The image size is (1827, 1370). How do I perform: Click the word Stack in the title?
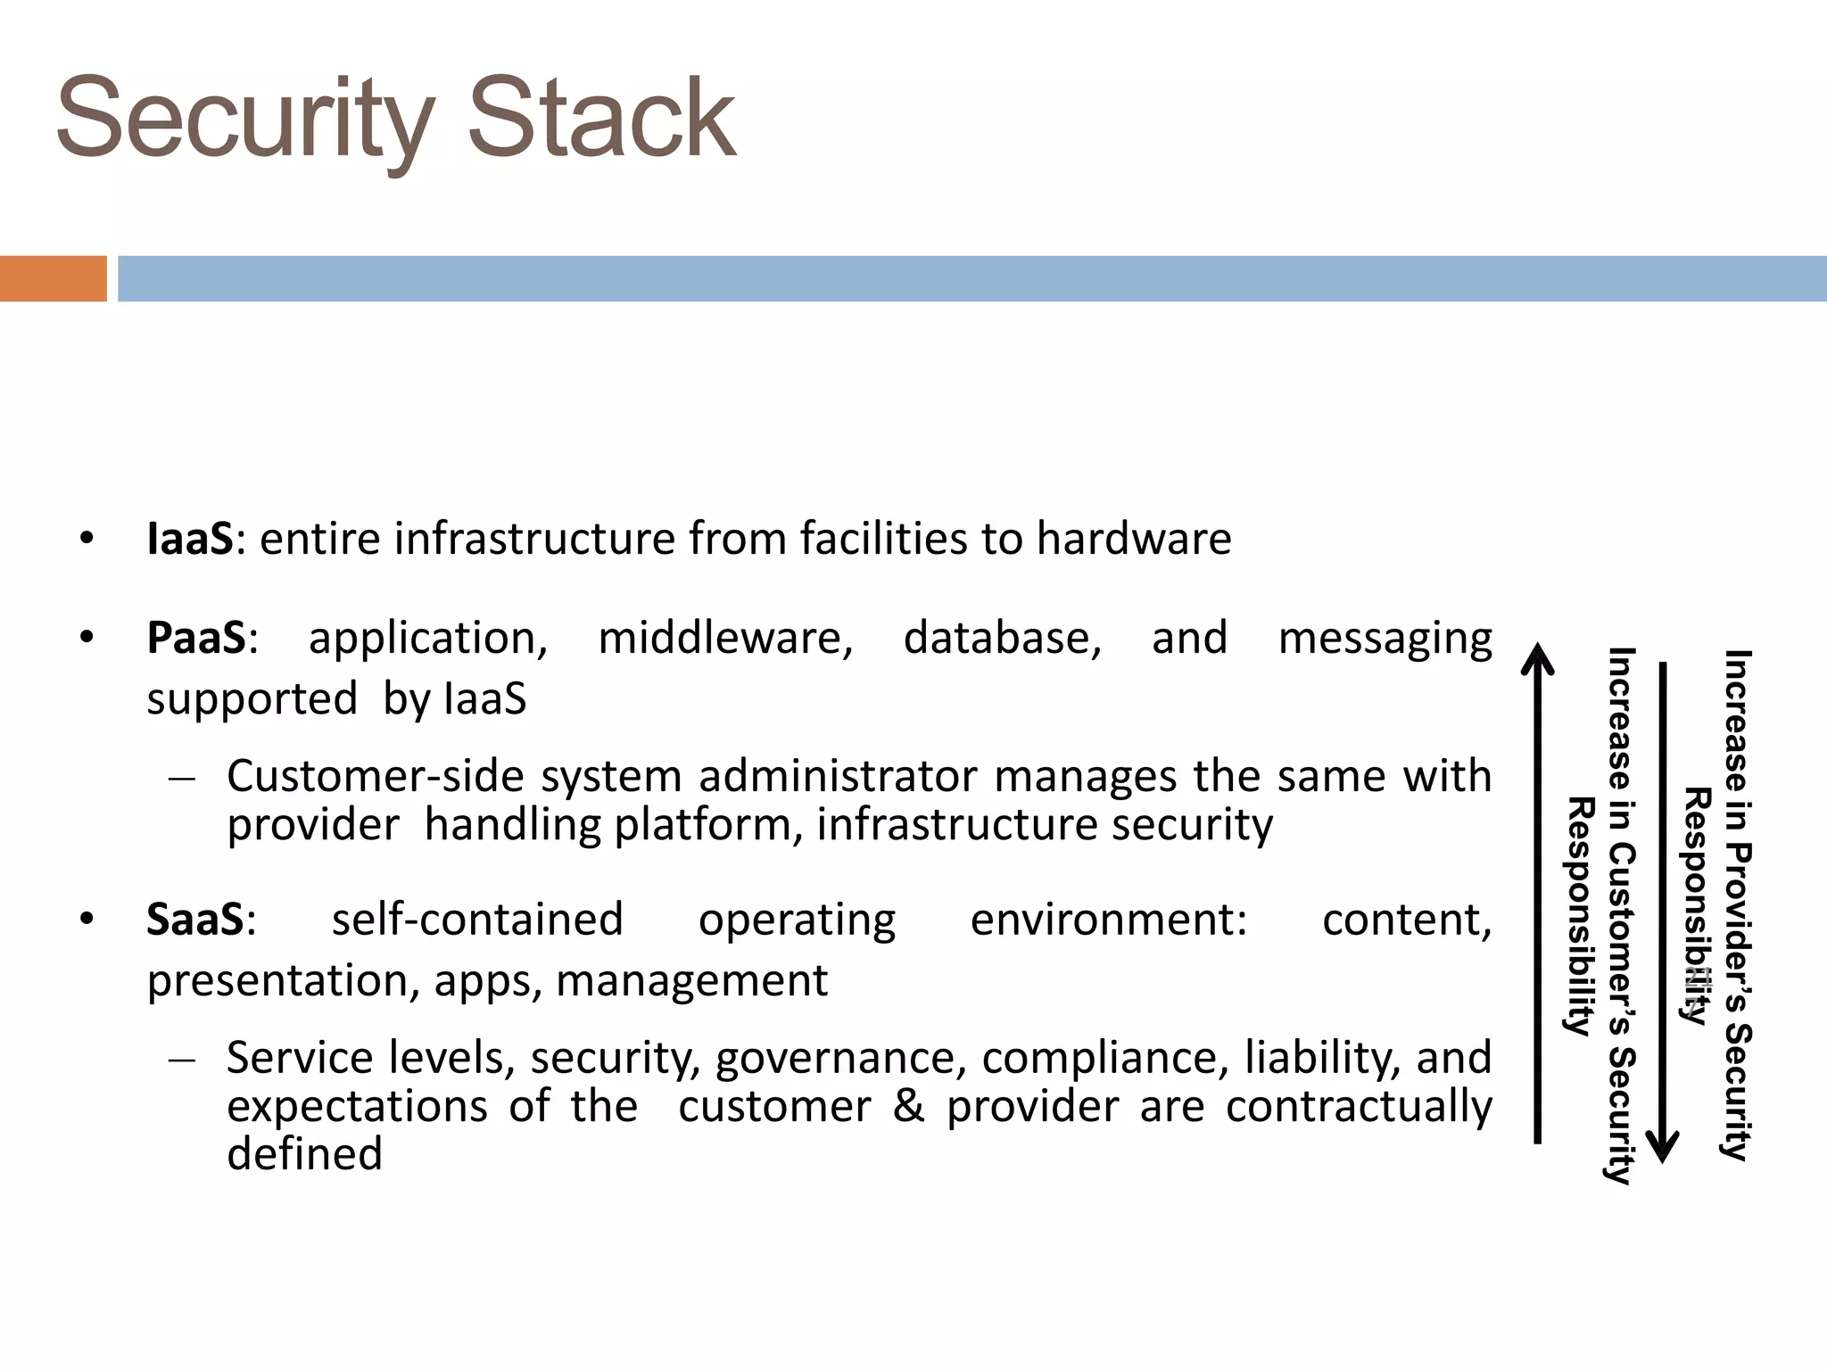601,119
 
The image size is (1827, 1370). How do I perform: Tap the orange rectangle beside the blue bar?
53,278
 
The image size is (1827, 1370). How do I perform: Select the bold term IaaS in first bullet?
190,539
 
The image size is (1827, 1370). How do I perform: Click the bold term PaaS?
196,638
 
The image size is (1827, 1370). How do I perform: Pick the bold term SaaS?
194,920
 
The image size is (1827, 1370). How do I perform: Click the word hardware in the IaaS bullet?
1133,539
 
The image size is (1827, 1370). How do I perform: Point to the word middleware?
724,639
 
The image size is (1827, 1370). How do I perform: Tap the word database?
1002,639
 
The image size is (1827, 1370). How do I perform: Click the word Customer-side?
375,776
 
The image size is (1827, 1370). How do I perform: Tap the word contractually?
1358,1107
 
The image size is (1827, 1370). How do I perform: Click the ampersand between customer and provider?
908,1106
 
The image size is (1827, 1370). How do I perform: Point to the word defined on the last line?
304,1154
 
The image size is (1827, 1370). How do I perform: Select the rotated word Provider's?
1737,927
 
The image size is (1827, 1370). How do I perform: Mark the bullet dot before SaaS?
86,920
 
